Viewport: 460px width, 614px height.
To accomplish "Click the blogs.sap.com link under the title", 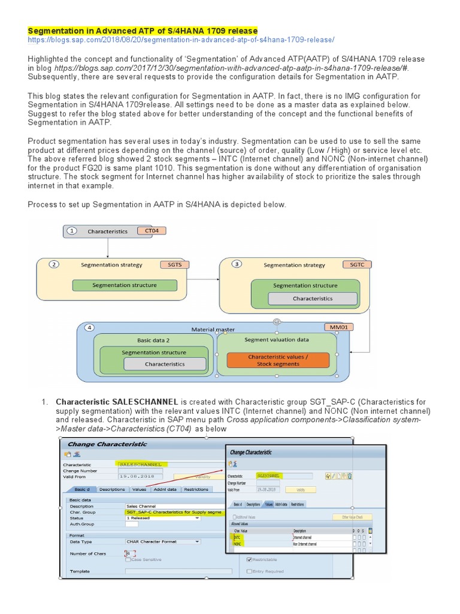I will [181, 40].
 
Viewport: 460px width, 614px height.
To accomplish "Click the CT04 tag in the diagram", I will [151, 230].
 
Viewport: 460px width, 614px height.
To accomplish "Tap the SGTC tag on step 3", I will [352, 264].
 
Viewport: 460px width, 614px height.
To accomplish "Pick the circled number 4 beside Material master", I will [89, 329].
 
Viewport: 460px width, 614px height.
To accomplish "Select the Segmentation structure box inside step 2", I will [125, 285].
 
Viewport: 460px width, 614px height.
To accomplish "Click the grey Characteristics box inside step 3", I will [313, 298].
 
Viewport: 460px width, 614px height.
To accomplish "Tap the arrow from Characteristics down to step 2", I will [108, 248].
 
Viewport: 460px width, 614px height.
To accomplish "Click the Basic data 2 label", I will [153, 339].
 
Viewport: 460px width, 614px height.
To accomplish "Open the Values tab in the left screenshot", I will [139, 489].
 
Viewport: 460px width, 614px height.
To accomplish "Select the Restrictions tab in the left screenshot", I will [196, 489].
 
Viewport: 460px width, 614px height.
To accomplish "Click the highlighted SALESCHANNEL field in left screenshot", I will [141, 464].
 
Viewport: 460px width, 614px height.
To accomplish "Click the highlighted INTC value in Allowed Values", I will [237, 537].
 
